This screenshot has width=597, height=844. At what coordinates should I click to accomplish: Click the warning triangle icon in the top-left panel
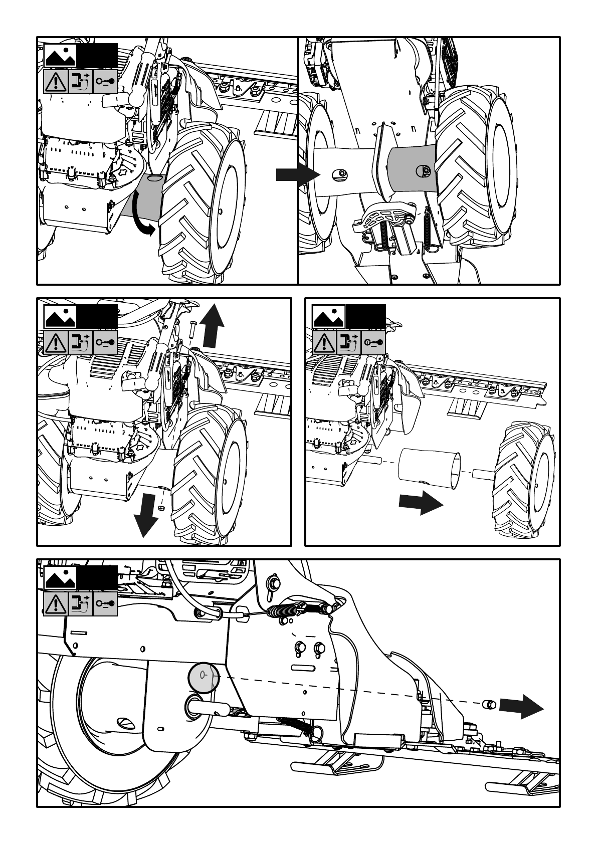click(x=56, y=81)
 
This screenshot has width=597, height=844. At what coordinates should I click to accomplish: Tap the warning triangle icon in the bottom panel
click(x=56, y=603)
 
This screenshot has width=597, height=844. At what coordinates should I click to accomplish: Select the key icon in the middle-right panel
click(x=373, y=342)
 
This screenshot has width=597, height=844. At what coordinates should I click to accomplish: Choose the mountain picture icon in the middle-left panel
click(x=60, y=317)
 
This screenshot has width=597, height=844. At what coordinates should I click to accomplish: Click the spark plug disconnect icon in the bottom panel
click(x=80, y=603)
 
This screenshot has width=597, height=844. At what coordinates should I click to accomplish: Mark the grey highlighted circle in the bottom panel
click(x=204, y=678)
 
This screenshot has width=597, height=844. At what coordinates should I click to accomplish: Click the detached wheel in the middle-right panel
click(x=524, y=478)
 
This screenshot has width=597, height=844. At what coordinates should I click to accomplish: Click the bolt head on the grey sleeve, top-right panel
click(x=424, y=171)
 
